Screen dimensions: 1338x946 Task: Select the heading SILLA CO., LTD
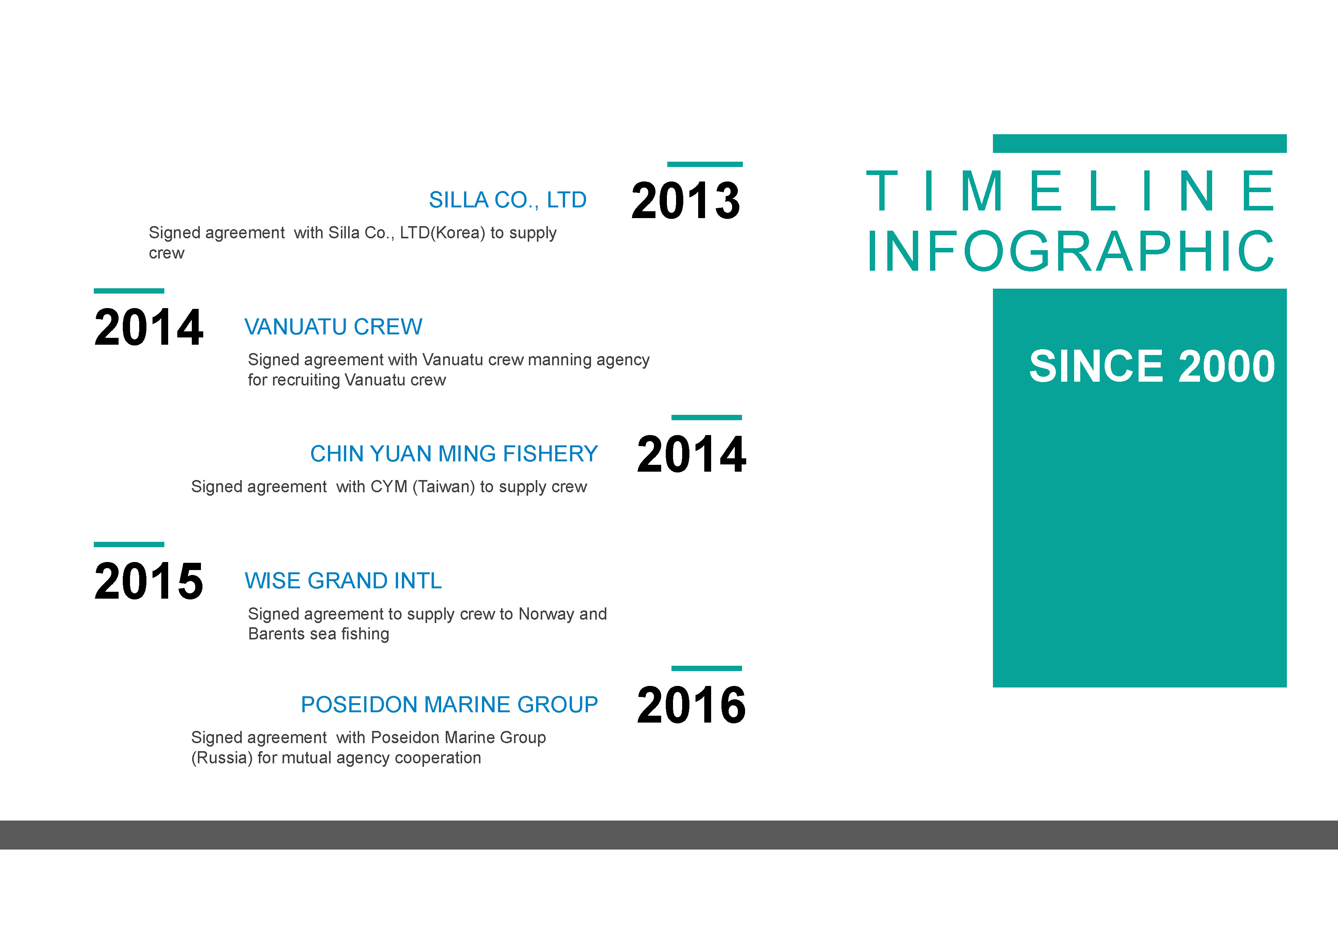(508, 200)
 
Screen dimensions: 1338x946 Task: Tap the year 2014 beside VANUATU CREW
(149, 327)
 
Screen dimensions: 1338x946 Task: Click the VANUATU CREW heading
(333, 327)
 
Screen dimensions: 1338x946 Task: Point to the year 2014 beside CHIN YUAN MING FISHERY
(691, 454)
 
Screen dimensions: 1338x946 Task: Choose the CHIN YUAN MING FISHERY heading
(454, 453)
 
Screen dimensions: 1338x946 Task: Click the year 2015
(149, 581)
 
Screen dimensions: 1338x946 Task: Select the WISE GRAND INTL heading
(343, 581)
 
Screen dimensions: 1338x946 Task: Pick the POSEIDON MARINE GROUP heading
(449, 705)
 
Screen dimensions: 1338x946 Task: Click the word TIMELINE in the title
(1071, 191)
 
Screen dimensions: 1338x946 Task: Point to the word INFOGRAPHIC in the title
(1071, 251)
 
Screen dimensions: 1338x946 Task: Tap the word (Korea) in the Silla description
(458, 233)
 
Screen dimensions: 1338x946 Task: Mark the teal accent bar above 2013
(705, 164)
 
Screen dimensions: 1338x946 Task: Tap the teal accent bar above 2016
(706, 668)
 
